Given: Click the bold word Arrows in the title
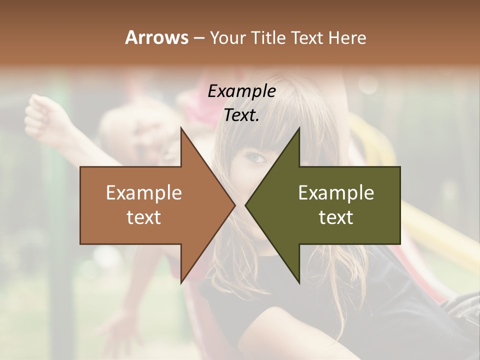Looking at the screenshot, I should (156, 37).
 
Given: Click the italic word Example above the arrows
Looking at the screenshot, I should (241, 91).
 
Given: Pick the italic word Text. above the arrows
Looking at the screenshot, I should (241, 115).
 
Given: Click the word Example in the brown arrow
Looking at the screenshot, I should (144, 193).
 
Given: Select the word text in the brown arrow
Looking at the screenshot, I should (144, 217).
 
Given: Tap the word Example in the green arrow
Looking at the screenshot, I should (336, 193).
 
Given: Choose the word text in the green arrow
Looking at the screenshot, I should (336, 217).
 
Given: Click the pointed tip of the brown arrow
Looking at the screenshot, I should (234, 205).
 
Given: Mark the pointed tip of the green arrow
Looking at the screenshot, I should (245, 205).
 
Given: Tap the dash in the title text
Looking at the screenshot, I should (198, 38).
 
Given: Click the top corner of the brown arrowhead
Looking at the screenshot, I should (181, 127).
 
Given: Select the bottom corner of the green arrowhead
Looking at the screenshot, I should (299, 282).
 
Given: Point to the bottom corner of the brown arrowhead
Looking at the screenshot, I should (181, 282).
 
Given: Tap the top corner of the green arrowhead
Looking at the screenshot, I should (299, 127).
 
